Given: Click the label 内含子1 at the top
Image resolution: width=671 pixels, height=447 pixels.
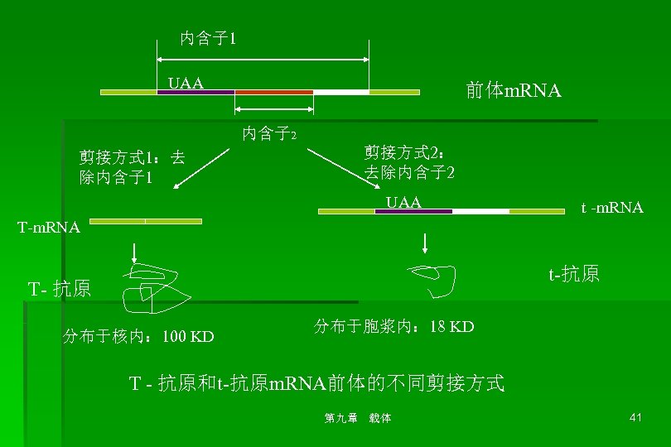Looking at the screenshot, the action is [x=209, y=38].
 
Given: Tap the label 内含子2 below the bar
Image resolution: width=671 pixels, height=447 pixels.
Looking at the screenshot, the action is [x=270, y=132].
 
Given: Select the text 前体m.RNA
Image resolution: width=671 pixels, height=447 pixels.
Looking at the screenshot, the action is [x=514, y=91].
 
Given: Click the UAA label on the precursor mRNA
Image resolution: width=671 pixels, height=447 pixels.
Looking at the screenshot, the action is [x=186, y=83].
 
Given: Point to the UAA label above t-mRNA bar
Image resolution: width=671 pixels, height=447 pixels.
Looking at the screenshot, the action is [x=404, y=202].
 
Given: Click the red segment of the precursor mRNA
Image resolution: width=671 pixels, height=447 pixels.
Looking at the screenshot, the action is [x=274, y=92].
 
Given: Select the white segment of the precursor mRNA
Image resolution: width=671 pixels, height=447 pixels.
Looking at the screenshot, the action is [x=340, y=92].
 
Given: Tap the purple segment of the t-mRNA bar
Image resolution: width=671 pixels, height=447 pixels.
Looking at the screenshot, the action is [x=413, y=211].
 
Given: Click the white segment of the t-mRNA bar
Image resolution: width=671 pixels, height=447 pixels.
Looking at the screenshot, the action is [x=480, y=211].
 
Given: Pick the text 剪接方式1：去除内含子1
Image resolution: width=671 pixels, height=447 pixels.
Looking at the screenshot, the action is [x=132, y=168].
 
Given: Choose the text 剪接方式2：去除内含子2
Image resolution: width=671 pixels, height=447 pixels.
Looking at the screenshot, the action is [x=408, y=162].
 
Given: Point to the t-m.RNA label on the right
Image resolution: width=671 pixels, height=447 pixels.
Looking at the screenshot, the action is [x=611, y=208].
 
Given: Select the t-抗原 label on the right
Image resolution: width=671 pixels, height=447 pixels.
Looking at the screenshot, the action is [x=573, y=274].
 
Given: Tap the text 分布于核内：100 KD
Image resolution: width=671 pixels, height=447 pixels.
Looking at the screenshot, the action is [x=138, y=336].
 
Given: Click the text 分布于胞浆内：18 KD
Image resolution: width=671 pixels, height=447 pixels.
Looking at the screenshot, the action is [x=393, y=326].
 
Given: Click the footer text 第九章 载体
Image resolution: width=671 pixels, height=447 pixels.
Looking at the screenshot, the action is [x=357, y=418].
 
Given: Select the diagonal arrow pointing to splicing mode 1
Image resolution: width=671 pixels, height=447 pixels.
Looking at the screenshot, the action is [x=203, y=168].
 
